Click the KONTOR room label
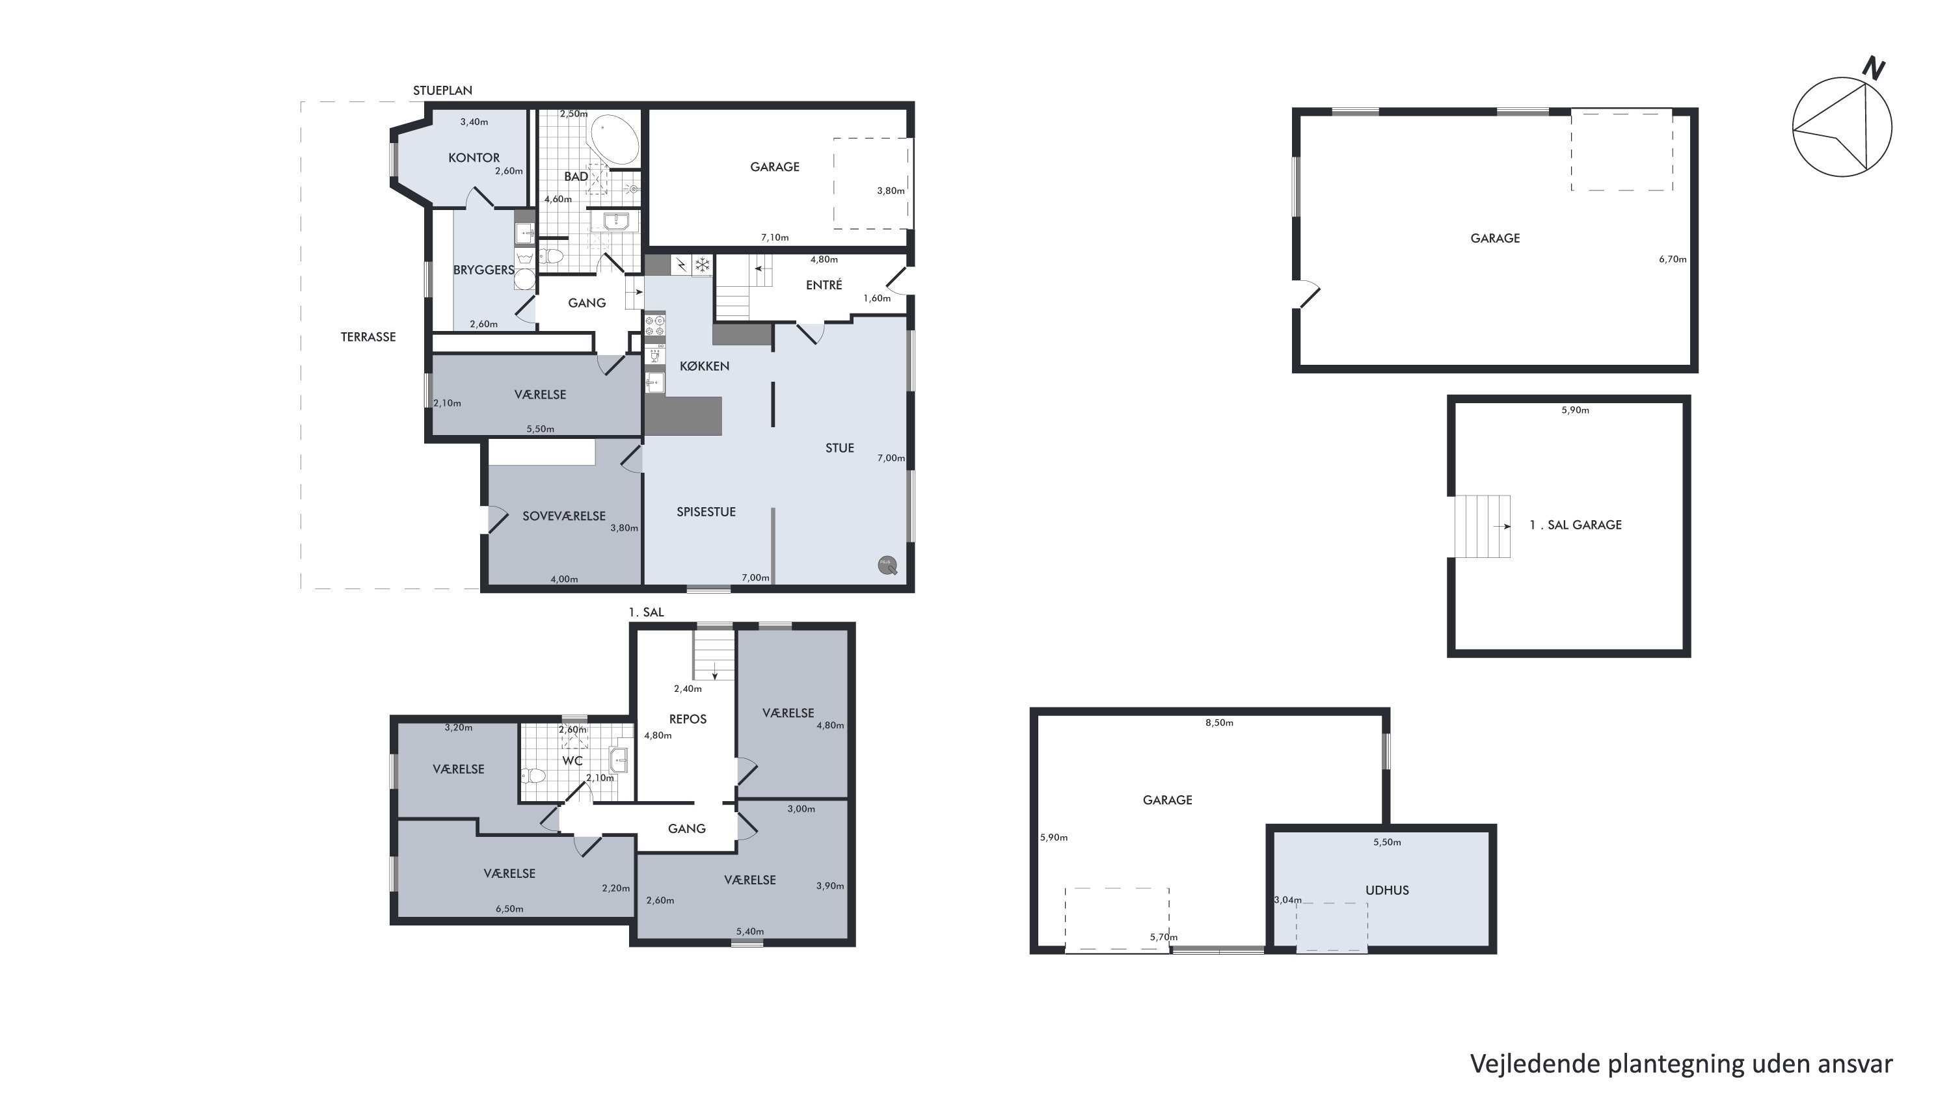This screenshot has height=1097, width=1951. point(474,157)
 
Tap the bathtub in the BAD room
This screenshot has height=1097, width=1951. point(614,140)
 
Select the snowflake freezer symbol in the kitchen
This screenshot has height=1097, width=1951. point(702,265)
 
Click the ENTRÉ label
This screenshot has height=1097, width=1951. point(824,285)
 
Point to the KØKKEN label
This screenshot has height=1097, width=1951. point(705,365)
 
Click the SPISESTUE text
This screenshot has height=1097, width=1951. point(706,512)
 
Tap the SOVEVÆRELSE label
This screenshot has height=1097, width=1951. point(564,516)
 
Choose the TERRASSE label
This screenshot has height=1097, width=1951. point(368,337)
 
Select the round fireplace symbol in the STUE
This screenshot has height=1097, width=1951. point(887,566)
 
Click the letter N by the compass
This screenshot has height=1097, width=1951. point(1874,70)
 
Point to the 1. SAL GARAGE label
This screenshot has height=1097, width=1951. point(1576,525)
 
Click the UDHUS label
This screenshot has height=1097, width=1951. point(1387,890)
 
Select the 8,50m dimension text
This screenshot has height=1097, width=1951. point(1219,723)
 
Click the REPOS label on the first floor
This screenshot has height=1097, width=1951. point(688,719)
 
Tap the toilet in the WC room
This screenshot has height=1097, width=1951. point(533,775)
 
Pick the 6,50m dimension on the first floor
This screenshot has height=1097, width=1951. point(510,909)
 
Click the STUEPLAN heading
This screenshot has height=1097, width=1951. point(442,90)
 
